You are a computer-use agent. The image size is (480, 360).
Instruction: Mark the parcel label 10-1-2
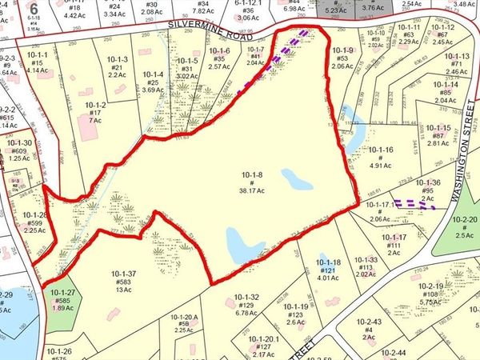pyautogui.click(x=95, y=105)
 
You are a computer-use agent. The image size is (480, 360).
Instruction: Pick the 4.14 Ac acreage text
pyautogui.click(x=37, y=71)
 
